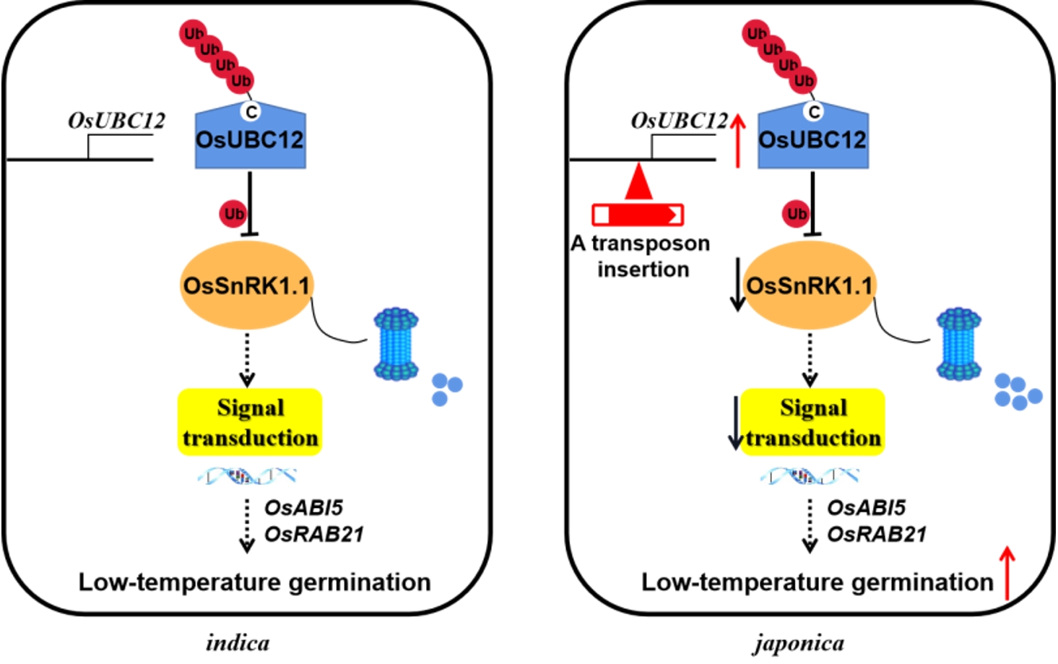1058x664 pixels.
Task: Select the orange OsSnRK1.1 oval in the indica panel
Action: pos(246,286)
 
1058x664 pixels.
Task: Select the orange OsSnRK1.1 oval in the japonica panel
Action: pos(810,286)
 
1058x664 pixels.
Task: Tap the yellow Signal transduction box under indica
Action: pos(250,423)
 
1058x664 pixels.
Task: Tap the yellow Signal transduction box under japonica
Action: pos(813,423)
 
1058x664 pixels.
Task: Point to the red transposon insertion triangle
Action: pos(638,183)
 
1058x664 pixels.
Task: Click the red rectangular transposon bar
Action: pos(638,215)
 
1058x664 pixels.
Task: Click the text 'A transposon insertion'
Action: pos(641,256)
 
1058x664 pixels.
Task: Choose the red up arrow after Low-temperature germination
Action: pos(1007,573)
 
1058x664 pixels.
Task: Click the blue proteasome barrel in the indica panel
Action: pos(396,344)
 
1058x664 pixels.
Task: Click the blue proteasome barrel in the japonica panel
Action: pos(958,344)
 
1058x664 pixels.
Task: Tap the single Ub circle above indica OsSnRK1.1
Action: pos(233,214)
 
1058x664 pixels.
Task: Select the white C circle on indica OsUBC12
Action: pos(251,112)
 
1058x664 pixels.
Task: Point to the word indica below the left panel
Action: pos(238,642)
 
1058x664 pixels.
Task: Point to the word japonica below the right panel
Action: pos(799,642)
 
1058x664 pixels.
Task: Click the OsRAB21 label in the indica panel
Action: pos(314,534)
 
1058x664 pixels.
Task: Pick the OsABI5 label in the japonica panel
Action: pos(866,508)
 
